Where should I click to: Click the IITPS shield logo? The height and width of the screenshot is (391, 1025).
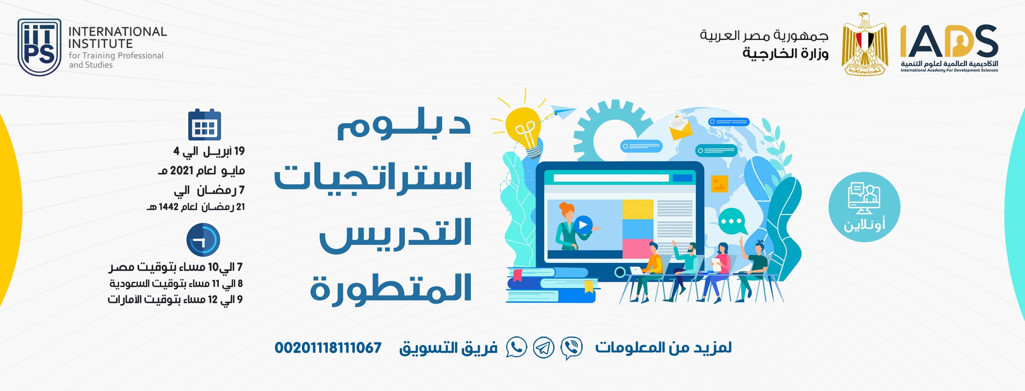tap(39, 47)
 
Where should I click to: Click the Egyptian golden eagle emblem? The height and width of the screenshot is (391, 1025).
tap(865, 44)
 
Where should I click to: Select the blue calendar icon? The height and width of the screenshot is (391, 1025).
tap(205, 124)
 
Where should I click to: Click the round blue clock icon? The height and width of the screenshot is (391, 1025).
tap(203, 240)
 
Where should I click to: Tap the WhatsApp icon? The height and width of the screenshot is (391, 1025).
tap(516, 347)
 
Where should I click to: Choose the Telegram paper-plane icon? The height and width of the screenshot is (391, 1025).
tap(543, 347)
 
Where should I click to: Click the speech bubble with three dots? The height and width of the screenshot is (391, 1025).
tap(732, 221)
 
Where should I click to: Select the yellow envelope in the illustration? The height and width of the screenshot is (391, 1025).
tap(681, 127)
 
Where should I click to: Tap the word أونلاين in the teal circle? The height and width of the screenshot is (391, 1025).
tap(864, 225)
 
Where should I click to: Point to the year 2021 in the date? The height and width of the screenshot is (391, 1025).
tap(181, 171)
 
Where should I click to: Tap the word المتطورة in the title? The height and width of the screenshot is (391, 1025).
tap(391, 288)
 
